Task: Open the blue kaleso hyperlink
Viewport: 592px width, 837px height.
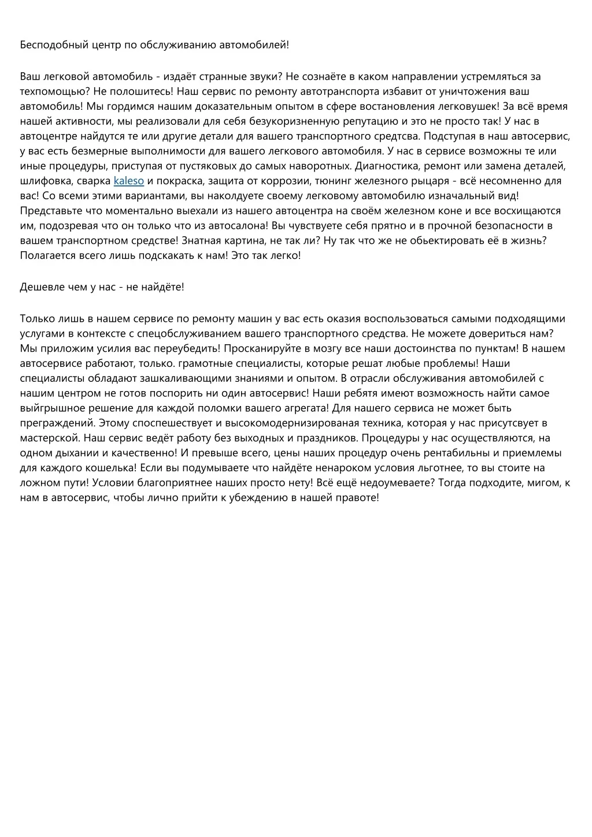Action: pos(128,181)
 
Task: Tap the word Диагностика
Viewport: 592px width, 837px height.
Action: pos(387,166)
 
